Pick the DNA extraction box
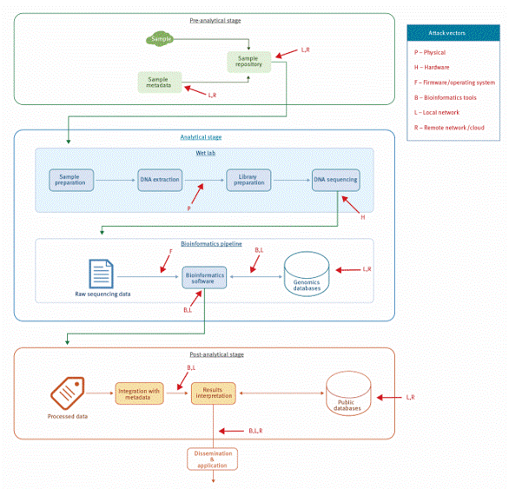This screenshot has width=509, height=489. [x=160, y=180]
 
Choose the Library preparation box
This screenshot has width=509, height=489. [x=248, y=180]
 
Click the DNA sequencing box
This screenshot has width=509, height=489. [x=335, y=180]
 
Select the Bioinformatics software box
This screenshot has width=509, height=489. [x=204, y=278]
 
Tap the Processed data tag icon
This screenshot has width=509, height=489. [x=67, y=393]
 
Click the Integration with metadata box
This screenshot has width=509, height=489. [x=139, y=394]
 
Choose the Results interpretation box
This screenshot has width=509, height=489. [x=213, y=394]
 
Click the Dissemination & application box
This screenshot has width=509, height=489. [x=212, y=458]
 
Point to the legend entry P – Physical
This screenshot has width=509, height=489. [x=430, y=52]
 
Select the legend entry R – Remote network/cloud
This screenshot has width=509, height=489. [x=449, y=128]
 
